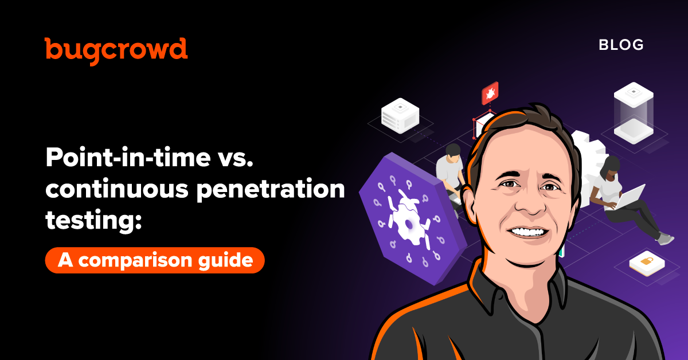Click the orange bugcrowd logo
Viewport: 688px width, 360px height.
pyautogui.click(x=116, y=50)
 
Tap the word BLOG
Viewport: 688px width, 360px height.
pyautogui.click(x=621, y=45)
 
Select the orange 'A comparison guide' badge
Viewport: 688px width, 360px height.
pyautogui.click(x=155, y=260)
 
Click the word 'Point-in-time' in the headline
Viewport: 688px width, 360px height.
pyautogui.click(x=128, y=157)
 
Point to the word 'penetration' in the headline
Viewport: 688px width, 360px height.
pyautogui.click(x=271, y=189)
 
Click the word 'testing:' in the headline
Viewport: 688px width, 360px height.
pyautogui.click(x=93, y=220)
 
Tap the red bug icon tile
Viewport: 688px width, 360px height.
pyautogui.click(x=490, y=93)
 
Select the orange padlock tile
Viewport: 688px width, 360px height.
pyautogui.click(x=647, y=263)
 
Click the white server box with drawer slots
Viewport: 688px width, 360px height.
pyautogui.click(x=400, y=115)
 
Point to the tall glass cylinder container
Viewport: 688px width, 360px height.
pyautogui.click(x=634, y=113)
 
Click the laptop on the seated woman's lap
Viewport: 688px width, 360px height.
pyautogui.click(x=626, y=198)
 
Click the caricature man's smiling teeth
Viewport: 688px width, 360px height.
pyautogui.click(x=527, y=232)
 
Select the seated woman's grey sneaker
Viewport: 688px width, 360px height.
pyautogui.click(x=666, y=238)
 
